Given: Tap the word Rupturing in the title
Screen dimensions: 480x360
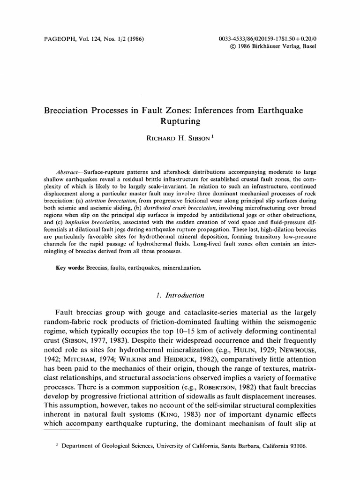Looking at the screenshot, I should [180, 121].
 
